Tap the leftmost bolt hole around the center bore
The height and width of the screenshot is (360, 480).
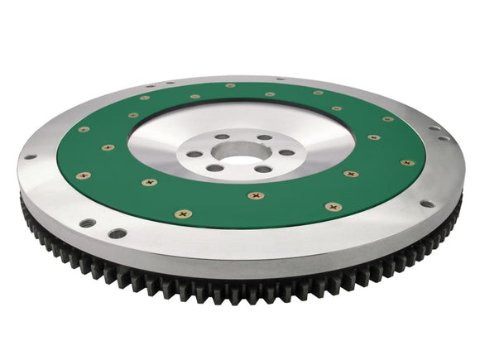[x=194, y=154]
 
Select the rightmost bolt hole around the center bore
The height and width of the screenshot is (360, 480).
[x=286, y=152]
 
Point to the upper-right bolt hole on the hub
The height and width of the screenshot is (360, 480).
[x=264, y=137]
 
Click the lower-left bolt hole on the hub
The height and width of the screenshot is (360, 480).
[x=214, y=168]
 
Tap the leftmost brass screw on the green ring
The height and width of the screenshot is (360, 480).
[x=82, y=175]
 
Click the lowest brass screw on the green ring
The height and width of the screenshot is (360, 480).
[x=183, y=213]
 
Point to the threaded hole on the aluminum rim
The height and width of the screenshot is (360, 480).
[x=87, y=223]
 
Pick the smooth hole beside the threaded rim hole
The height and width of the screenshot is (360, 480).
[x=118, y=233]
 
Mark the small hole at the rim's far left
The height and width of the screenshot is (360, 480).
[x=30, y=157]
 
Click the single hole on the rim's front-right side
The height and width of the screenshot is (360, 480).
[x=427, y=203]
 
